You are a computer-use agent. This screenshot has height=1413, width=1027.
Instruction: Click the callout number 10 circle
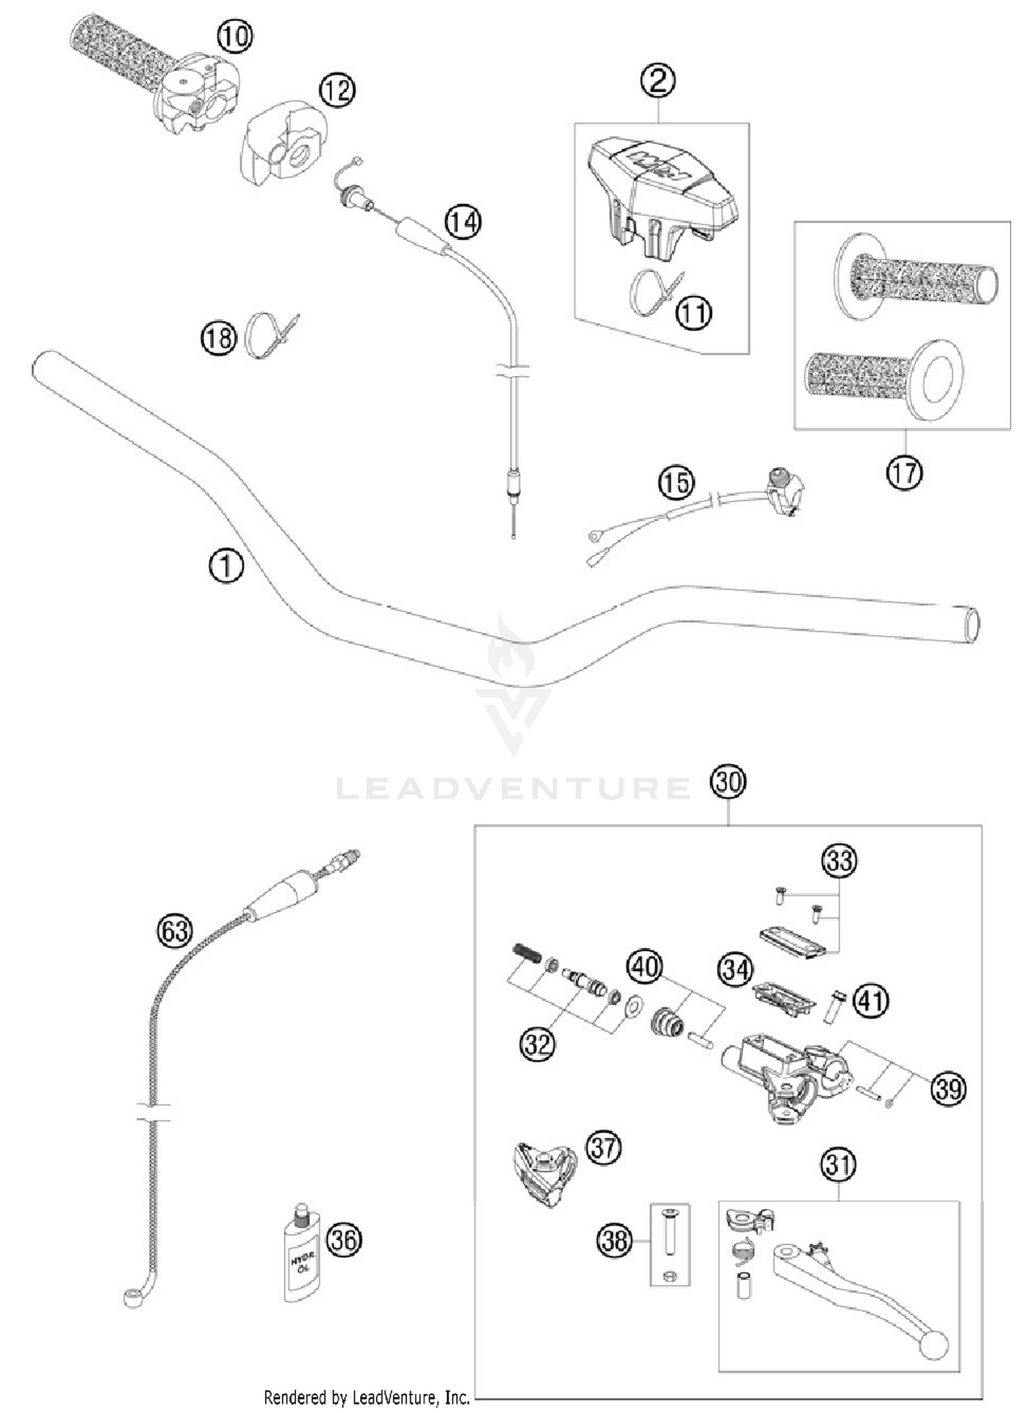[x=235, y=36]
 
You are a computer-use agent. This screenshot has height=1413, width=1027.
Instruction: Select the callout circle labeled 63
[x=175, y=931]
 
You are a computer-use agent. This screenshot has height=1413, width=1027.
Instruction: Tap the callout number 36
[x=344, y=1239]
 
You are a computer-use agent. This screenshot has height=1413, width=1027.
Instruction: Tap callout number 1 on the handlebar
[x=226, y=566]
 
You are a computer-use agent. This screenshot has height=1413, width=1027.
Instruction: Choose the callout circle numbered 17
[x=904, y=472]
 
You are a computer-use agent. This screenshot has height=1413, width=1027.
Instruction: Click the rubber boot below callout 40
[x=667, y=1023]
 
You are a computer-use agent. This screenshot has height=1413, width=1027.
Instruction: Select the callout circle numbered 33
[x=839, y=861]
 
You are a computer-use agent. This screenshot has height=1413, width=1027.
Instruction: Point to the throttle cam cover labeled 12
[x=281, y=151]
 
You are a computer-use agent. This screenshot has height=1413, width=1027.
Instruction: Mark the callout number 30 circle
[x=727, y=781]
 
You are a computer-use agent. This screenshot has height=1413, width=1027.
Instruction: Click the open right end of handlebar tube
[x=971, y=625]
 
